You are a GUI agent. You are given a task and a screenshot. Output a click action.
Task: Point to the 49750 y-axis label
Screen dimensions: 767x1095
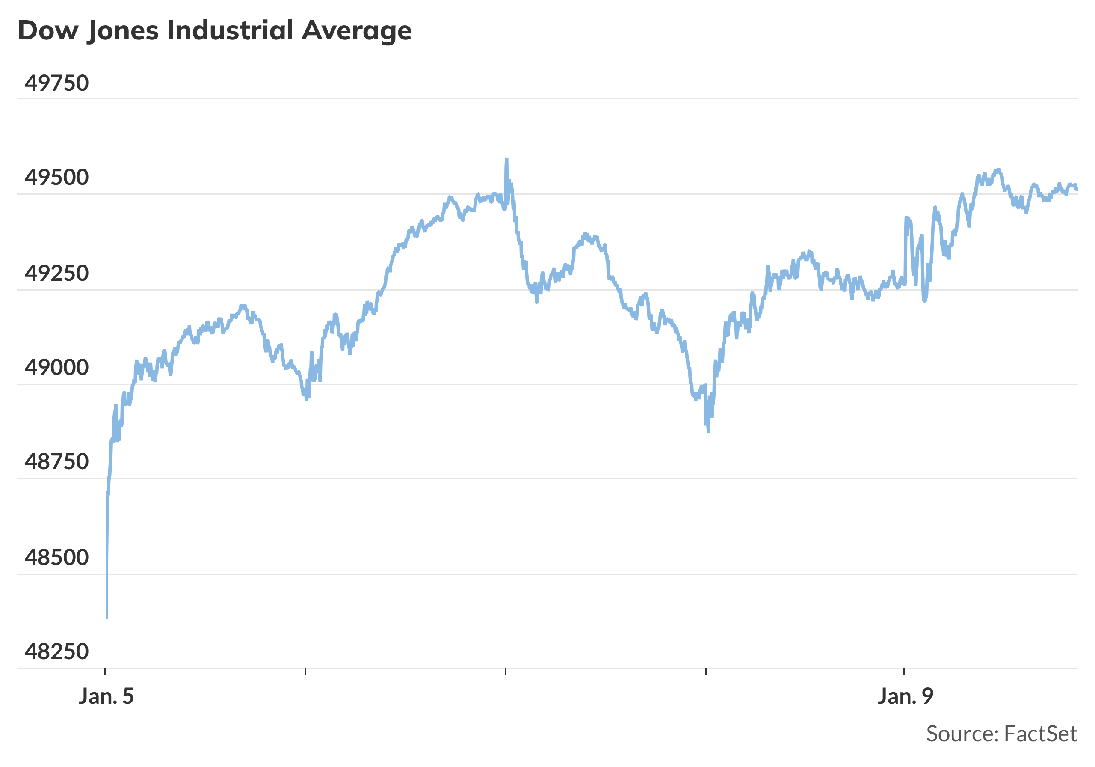pyautogui.click(x=56, y=83)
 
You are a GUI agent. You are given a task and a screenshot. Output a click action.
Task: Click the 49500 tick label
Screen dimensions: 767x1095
pyautogui.click(x=56, y=178)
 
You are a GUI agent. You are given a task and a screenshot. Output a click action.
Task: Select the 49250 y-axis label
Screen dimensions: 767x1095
pyautogui.click(x=56, y=274)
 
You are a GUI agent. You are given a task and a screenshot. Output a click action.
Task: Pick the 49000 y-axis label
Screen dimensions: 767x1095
pyautogui.click(x=56, y=368)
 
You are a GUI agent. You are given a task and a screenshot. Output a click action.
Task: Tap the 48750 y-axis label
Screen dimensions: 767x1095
pyautogui.click(x=56, y=462)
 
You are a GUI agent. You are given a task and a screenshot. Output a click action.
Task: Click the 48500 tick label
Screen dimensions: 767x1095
pyautogui.click(x=56, y=557)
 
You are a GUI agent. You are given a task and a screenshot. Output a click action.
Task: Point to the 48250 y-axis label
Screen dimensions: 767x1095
pyautogui.click(x=56, y=651)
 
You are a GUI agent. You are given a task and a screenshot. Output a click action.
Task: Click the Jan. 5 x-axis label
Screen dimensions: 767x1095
pyautogui.click(x=106, y=696)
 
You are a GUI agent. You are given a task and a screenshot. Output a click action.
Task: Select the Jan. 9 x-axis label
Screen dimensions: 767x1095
pyautogui.click(x=905, y=696)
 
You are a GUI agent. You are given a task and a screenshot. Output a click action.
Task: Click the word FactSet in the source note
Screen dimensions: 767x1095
pyautogui.click(x=1040, y=734)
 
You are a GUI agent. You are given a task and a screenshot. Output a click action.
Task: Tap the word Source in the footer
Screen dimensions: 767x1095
pyautogui.click(x=962, y=734)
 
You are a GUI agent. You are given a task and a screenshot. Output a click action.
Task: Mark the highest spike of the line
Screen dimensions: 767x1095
pyautogui.click(x=506, y=159)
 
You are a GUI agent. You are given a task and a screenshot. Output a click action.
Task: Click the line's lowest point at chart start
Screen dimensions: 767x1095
pyautogui.click(x=107, y=618)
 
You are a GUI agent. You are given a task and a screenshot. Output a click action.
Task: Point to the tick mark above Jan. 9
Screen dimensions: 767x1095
pyautogui.click(x=904, y=672)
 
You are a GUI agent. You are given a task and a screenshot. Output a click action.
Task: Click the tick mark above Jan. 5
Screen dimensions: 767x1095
pyautogui.click(x=105, y=672)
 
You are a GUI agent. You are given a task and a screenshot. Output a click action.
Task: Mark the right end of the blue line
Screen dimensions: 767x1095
pyautogui.click(x=1077, y=189)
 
